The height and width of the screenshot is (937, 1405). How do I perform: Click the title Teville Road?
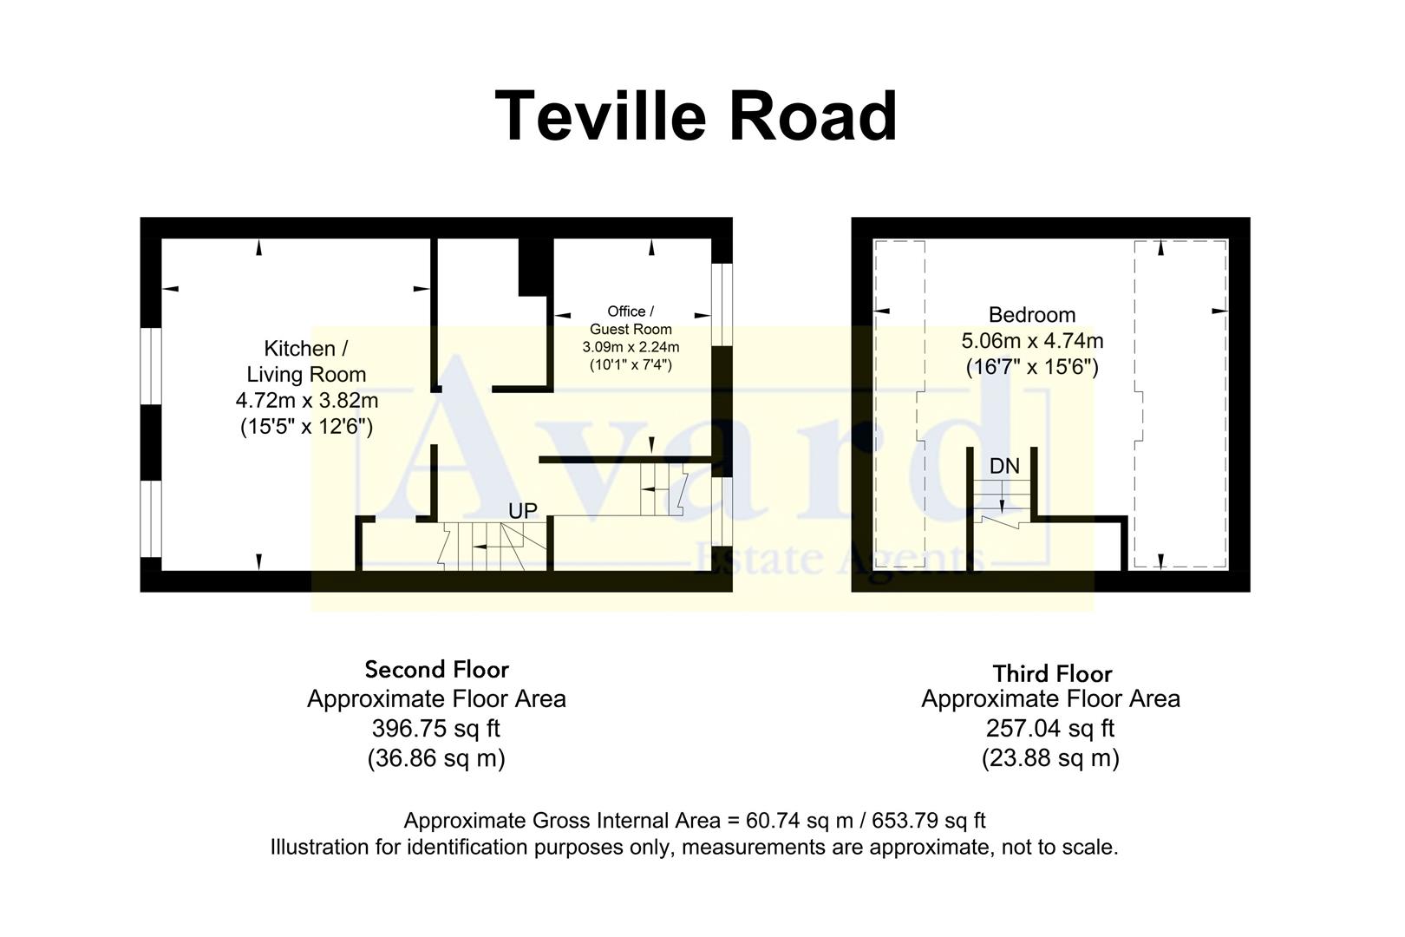tap(696, 116)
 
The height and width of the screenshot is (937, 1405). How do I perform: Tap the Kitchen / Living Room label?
tap(306, 361)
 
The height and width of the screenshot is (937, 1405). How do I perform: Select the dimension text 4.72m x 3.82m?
tap(306, 401)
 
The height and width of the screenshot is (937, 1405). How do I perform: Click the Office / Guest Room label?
tap(631, 320)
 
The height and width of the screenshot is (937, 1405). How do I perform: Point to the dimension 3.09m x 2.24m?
tap(631, 347)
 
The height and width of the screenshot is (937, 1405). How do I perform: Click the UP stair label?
tap(522, 511)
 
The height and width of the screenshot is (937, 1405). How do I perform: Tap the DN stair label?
tap(1004, 467)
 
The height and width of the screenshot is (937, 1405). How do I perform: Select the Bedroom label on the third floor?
tap(1031, 315)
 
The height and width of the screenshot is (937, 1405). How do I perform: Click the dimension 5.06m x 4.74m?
tap(1031, 341)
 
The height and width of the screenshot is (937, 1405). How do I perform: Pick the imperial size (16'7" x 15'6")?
tap(1031, 367)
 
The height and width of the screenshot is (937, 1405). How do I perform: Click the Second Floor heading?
tap(436, 670)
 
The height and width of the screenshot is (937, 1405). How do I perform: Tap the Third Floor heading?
tap(1051, 673)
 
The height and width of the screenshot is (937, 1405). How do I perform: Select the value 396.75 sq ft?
tap(436, 729)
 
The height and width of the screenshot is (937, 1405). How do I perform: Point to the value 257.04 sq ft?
tap(1050, 729)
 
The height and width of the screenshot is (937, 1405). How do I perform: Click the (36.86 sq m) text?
tap(436, 758)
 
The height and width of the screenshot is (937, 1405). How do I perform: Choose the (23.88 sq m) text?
tap(1050, 758)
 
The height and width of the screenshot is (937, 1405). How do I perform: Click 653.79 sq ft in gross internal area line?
tap(928, 821)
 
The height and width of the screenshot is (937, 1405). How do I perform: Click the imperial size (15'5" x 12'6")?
tap(306, 427)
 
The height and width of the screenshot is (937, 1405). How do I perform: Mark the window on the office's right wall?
tap(722, 304)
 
